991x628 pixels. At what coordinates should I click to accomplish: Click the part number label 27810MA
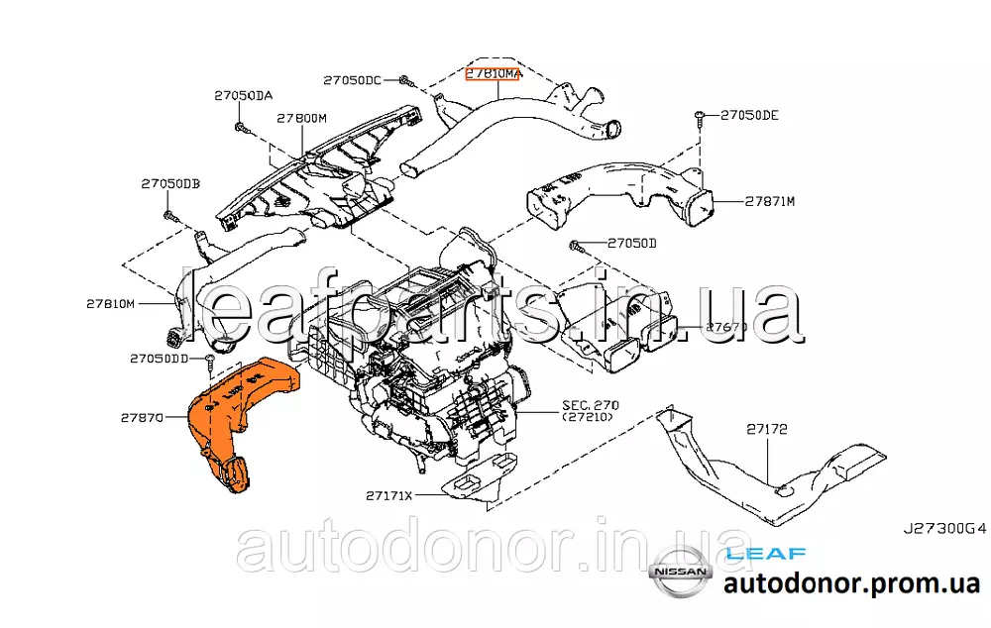click(493, 74)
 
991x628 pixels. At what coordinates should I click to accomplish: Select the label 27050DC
click(352, 79)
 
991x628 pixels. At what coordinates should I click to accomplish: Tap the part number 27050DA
click(243, 96)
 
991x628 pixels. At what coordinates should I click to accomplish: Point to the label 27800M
click(301, 118)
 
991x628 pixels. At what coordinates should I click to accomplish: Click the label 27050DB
click(170, 184)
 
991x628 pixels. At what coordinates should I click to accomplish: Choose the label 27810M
click(109, 303)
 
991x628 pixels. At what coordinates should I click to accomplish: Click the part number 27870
click(142, 419)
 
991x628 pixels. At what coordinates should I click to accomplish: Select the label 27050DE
click(749, 115)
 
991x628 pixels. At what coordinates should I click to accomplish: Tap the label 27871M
click(770, 201)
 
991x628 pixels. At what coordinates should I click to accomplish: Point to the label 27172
click(767, 429)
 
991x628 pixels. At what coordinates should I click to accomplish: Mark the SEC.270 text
click(590, 405)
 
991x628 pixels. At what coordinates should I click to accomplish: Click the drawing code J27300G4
click(944, 530)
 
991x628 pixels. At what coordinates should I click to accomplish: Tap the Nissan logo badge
click(680, 573)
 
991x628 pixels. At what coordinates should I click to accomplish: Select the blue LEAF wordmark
click(765, 555)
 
